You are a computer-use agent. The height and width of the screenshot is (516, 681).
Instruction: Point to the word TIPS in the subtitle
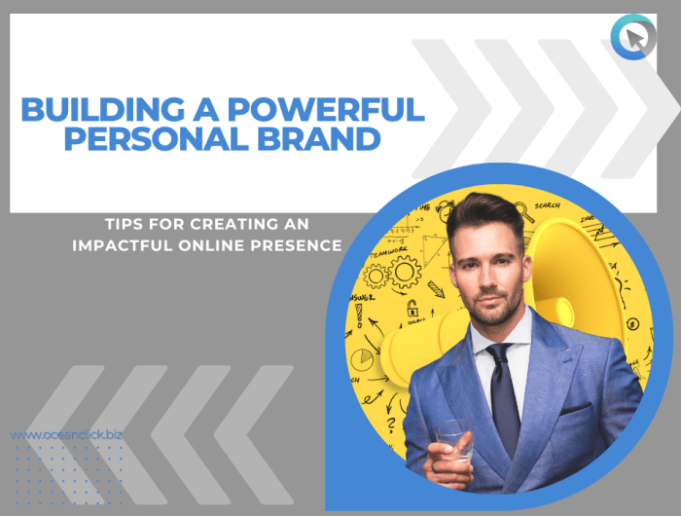[125, 224]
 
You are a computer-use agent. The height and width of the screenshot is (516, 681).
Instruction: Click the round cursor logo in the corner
[632, 39]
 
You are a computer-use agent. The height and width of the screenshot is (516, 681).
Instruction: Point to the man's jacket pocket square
[576, 407]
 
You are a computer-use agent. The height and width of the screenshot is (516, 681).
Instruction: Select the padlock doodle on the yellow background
[412, 309]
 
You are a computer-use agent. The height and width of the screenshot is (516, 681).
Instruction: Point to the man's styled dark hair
[482, 212]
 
